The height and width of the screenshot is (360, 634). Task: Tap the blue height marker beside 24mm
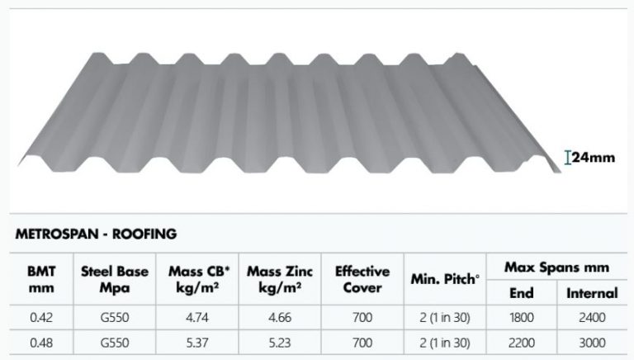[568, 157]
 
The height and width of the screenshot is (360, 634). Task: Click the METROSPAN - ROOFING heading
[96, 234]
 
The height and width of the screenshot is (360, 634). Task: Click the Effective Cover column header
[362, 279]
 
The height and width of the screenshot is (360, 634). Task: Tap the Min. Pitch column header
[446, 279]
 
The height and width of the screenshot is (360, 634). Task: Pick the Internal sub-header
[591, 292]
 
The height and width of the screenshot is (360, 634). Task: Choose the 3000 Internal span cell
[591, 342]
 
